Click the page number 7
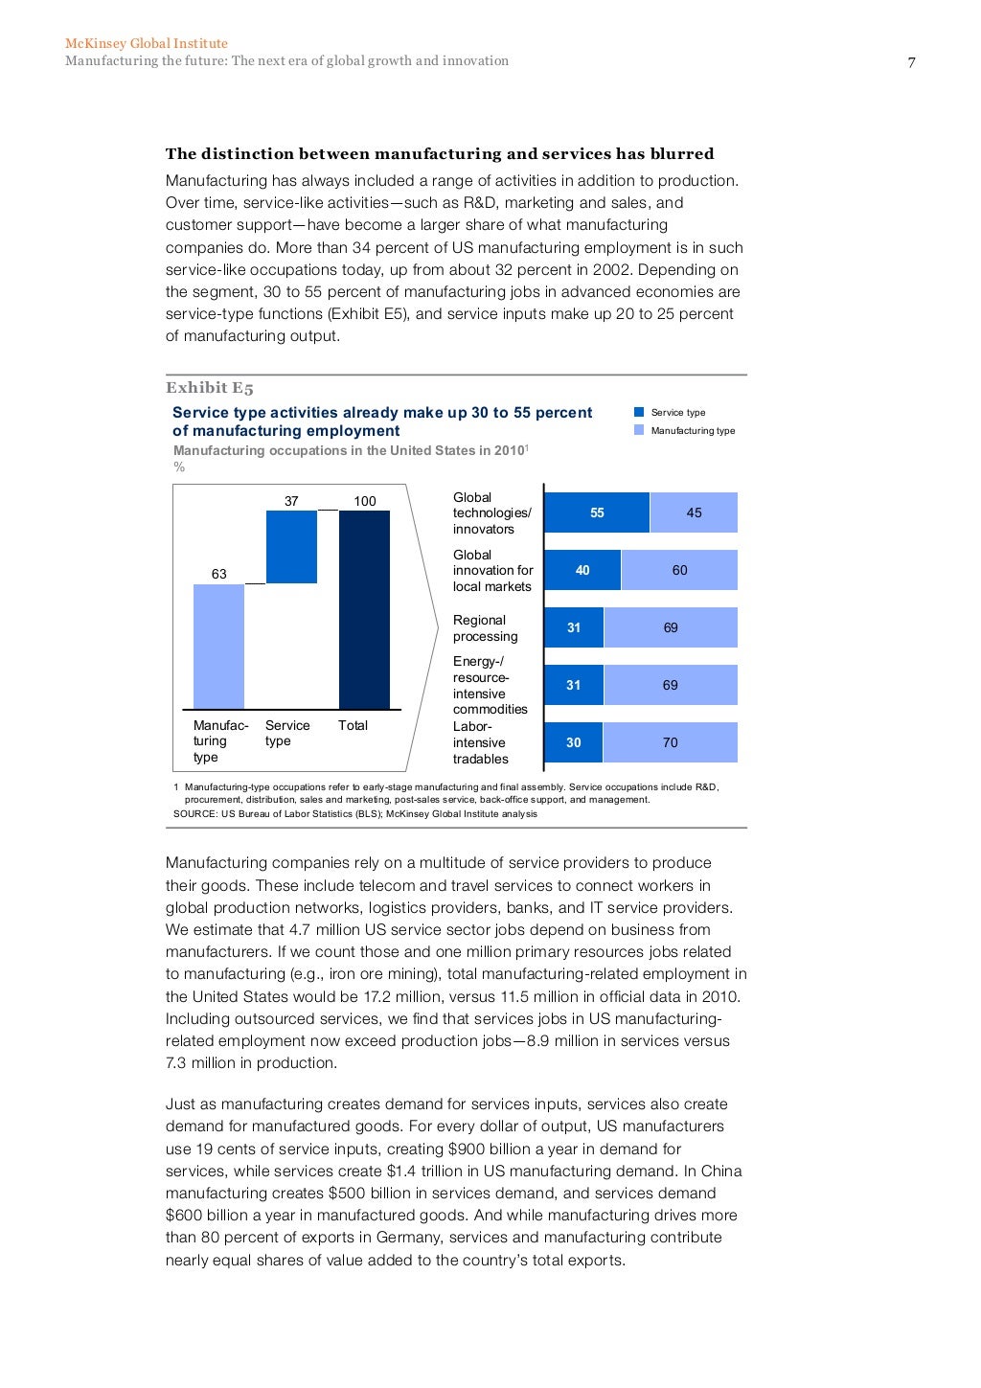click(x=911, y=63)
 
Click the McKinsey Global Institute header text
click(x=147, y=43)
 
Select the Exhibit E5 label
click(x=209, y=388)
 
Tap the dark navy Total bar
click(x=364, y=609)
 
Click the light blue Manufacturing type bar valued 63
click(x=218, y=647)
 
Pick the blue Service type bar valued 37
click(x=291, y=547)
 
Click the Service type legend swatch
click(x=639, y=412)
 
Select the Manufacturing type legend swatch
click(x=639, y=430)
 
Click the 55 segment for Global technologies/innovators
click(x=597, y=512)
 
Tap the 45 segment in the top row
click(x=694, y=512)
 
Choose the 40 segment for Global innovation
click(x=582, y=570)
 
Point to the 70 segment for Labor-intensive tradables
click(x=671, y=742)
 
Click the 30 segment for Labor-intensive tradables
click(x=573, y=742)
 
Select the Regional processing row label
click(x=485, y=628)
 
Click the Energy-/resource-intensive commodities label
click(x=490, y=685)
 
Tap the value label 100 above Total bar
click(x=365, y=501)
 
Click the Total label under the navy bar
click(x=353, y=725)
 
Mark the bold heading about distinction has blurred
click(x=440, y=153)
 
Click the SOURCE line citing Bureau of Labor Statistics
click(x=354, y=813)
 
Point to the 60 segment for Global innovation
click(x=679, y=570)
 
